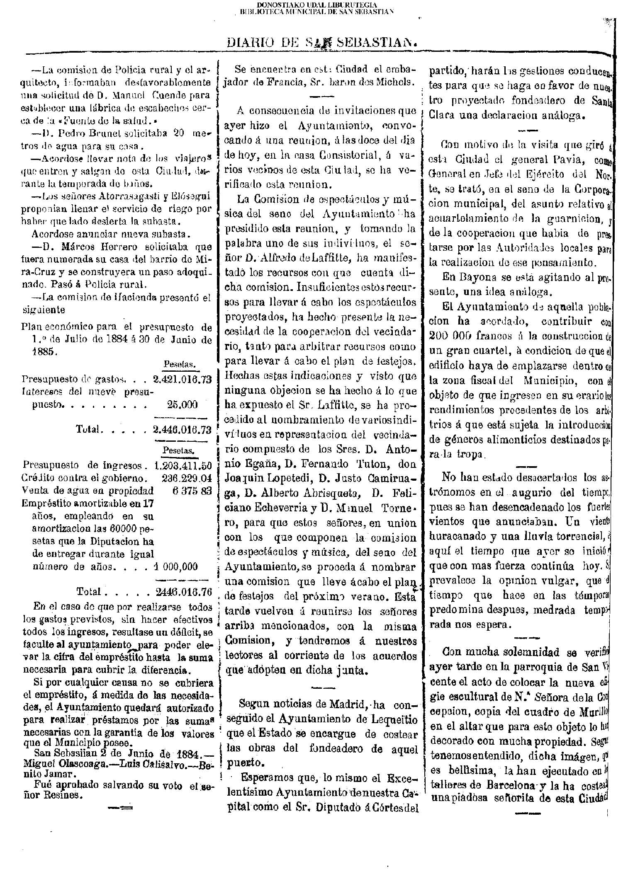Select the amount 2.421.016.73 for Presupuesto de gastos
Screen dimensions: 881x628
182,379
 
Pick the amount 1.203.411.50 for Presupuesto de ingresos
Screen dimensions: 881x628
183,465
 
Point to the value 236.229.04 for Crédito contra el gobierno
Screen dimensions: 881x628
187,477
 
